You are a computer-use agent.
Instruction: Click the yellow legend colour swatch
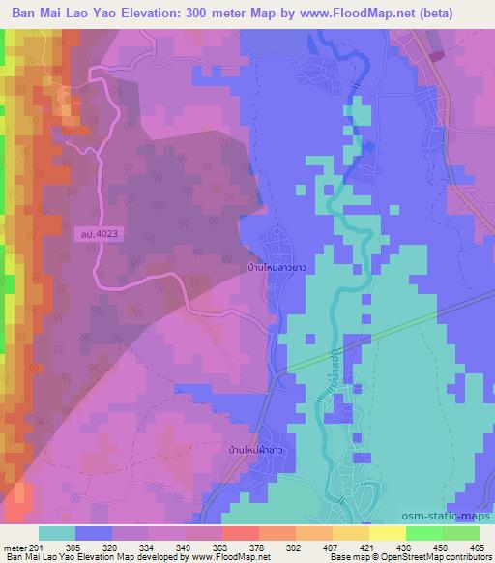point(387,533)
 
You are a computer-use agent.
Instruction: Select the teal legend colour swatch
point(57,533)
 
